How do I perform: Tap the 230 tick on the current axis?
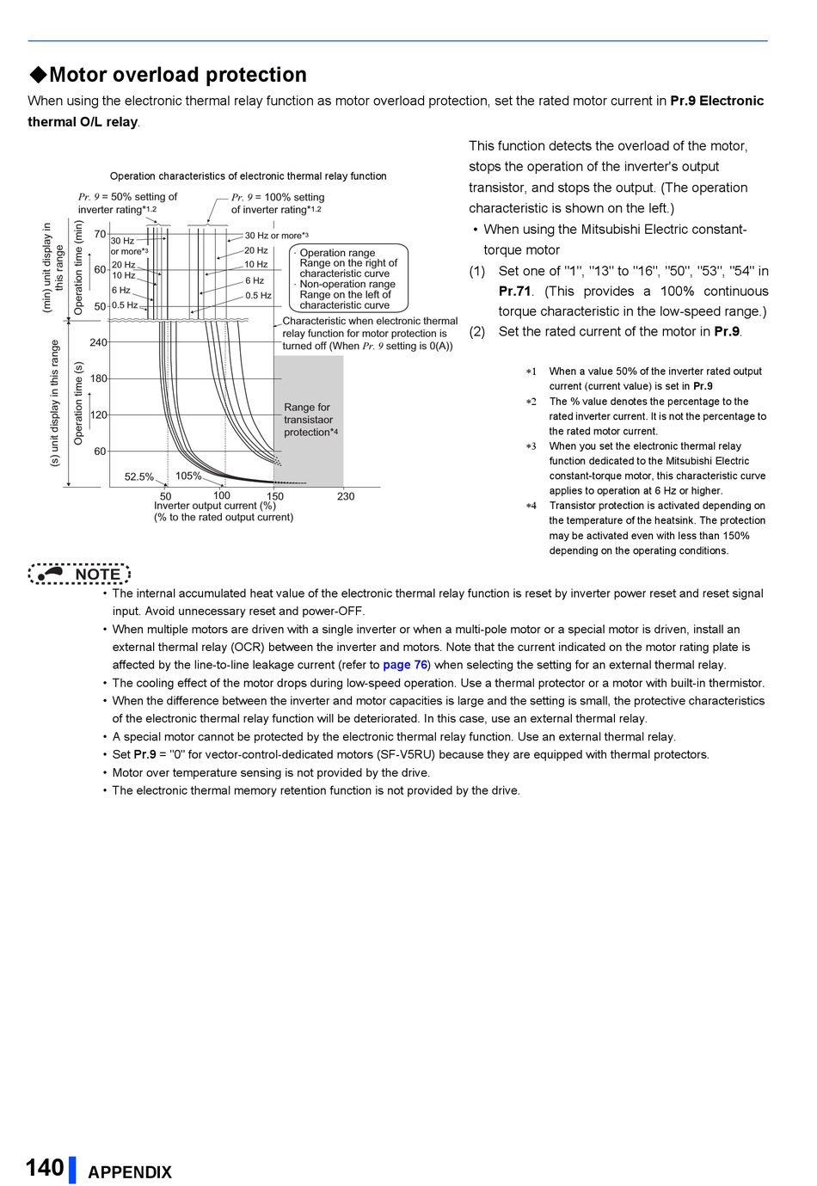coord(346,496)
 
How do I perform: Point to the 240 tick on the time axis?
coord(99,342)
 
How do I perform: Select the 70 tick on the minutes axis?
coord(100,234)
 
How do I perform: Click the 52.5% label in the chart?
coord(139,476)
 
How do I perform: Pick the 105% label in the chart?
coord(189,476)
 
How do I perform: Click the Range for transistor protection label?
coord(310,420)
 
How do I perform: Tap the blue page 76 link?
coord(405,665)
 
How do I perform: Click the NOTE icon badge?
coord(79,574)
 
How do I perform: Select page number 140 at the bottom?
coord(45,1168)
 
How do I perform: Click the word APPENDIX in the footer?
coord(130,1172)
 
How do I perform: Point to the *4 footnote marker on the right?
coord(531,506)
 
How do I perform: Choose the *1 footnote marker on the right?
coord(531,372)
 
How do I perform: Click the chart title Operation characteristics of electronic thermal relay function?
coord(248,176)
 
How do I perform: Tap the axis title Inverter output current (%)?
coord(215,506)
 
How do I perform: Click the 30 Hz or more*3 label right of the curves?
coord(276,236)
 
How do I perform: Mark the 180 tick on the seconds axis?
coord(99,378)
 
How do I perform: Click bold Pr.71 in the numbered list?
coord(515,292)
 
